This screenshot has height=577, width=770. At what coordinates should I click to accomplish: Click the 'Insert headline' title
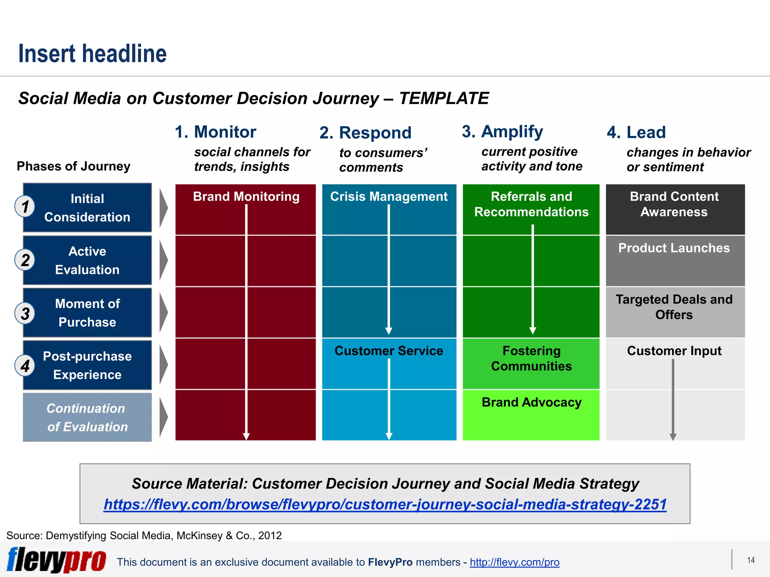pyautogui.click(x=92, y=54)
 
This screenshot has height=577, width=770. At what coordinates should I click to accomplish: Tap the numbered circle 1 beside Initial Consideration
pyautogui.click(x=25, y=207)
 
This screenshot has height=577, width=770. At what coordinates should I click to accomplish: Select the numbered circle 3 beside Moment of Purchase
pyautogui.click(x=25, y=313)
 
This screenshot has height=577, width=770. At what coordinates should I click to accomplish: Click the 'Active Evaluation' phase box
pyautogui.click(x=87, y=260)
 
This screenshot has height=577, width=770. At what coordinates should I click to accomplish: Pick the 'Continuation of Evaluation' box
pyautogui.click(x=87, y=417)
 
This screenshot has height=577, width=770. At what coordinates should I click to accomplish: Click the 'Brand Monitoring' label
pyautogui.click(x=246, y=196)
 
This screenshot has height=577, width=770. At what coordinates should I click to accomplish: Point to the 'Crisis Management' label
pyautogui.click(x=389, y=196)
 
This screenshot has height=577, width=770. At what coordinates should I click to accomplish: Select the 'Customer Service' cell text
pyautogui.click(x=389, y=350)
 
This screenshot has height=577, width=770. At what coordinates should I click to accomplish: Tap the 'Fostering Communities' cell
pyautogui.click(x=531, y=358)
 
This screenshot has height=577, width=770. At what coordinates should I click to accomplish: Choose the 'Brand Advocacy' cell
pyautogui.click(x=531, y=402)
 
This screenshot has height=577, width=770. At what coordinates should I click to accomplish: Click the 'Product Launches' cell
pyautogui.click(x=674, y=248)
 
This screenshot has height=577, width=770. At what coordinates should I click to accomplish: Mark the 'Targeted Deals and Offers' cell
pyautogui.click(x=674, y=307)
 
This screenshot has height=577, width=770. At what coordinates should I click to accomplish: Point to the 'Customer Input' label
pyautogui.click(x=674, y=350)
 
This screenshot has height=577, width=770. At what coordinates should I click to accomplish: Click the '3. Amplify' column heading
pyautogui.click(x=502, y=131)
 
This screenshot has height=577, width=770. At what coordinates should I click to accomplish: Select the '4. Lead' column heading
pyautogui.click(x=636, y=132)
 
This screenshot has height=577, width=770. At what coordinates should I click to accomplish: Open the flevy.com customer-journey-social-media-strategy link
pyautogui.click(x=385, y=504)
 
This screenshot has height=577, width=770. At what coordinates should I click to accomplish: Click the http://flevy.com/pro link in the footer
pyautogui.click(x=514, y=562)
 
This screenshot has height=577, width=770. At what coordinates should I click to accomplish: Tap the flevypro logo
pyautogui.click(x=56, y=560)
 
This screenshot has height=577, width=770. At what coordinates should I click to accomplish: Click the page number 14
pyautogui.click(x=751, y=560)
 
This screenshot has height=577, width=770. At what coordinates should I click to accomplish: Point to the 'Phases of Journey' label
pyautogui.click(x=74, y=166)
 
